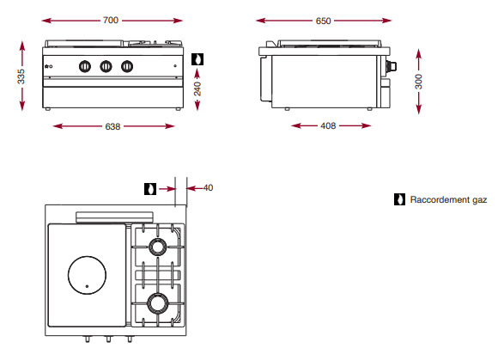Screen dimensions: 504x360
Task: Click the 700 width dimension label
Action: tap(111, 21)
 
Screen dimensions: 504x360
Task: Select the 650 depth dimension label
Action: tap(323, 21)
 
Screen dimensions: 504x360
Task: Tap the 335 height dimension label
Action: tap(21, 76)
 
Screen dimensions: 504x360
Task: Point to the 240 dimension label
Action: tap(197, 88)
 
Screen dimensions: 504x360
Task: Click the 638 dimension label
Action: tap(112, 126)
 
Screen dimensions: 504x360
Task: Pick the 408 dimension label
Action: tap(328, 125)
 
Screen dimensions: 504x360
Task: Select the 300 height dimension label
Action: tap(418, 82)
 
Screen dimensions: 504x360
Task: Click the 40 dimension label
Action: tap(208, 187)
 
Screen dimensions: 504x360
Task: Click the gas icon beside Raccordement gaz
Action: tap(399, 199)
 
